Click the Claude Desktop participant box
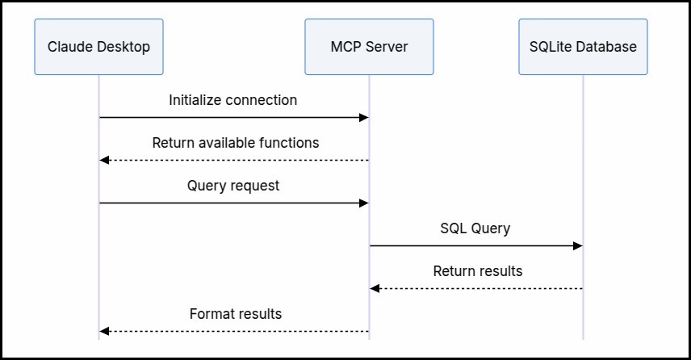[x=98, y=47]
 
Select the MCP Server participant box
[x=369, y=47]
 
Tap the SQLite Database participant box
[x=583, y=47]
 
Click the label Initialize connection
[x=232, y=100]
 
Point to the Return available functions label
[x=236, y=143]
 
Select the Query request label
[x=233, y=186]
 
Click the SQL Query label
[x=475, y=228]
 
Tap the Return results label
[x=478, y=271]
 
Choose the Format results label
[x=236, y=314]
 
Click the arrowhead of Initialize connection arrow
[x=364, y=118]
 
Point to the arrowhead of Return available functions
[x=104, y=161]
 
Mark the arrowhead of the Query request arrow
[x=364, y=203]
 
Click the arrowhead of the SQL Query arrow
[x=578, y=246]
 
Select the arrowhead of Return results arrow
[x=375, y=289]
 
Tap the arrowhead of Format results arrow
[x=104, y=332]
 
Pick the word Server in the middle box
[x=386, y=47]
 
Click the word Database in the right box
[x=610, y=47]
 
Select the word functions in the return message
[x=289, y=143]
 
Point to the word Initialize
[x=190, y=100]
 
